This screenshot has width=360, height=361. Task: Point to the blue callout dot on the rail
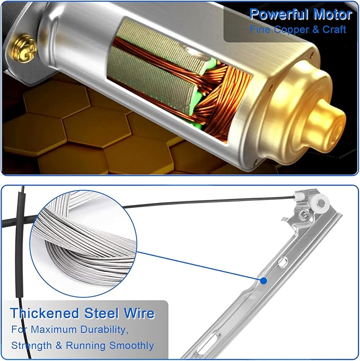coord(264,280)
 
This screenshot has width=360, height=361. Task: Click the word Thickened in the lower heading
coord(45,313)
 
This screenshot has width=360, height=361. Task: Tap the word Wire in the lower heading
coord(139,313)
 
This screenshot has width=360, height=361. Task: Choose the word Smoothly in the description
coord(131,346)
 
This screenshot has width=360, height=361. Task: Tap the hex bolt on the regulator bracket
coord(304,216)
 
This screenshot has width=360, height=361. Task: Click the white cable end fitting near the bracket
coord(299,197)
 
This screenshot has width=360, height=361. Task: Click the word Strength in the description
coord(32,346)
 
